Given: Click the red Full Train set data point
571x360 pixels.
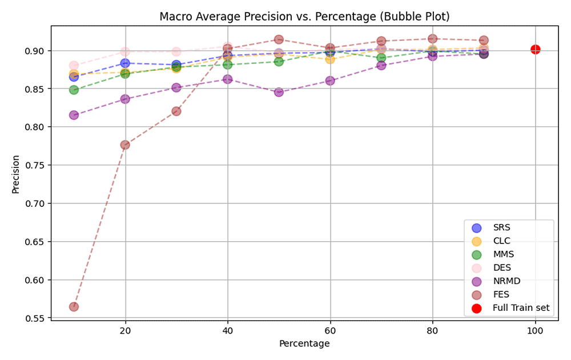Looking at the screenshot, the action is click(x=536, y=49).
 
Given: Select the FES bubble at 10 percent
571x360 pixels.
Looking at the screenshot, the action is click(x=74, y=307).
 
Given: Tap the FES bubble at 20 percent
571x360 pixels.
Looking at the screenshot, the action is click(x=125, y=145).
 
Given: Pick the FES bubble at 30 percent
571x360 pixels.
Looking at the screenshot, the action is click(x=176, y=111).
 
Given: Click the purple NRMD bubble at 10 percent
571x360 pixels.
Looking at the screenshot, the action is click(x=74, y=115).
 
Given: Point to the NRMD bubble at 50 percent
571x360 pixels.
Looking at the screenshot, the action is click(x=279, y=92).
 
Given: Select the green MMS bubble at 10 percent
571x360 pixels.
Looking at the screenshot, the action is click(x=74, y=90).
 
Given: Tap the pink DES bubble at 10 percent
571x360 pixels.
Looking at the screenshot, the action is click(x=74, y=66).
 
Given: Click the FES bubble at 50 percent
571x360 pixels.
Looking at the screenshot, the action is click(x=279, y=39).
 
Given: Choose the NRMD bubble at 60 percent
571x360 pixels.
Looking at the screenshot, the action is click(x=330, y=81).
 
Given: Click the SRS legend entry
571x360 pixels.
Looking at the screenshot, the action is click(x=491, y=227).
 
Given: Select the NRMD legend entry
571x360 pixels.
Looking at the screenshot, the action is click(x=496, y=281).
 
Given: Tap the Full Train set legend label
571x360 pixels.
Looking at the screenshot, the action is click(x=521, y=308).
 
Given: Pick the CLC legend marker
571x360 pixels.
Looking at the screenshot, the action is click(x=476, y=241).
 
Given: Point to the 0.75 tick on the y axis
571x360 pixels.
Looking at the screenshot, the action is click(x=35, y=165).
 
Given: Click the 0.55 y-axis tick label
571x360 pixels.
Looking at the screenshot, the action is click(x=35, y=318).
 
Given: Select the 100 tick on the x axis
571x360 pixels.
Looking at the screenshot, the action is click(x=536, y=331).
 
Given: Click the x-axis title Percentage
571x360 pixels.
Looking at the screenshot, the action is click(x=304, y=343).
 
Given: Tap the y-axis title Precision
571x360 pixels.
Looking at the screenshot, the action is click(x=15, y=174).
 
